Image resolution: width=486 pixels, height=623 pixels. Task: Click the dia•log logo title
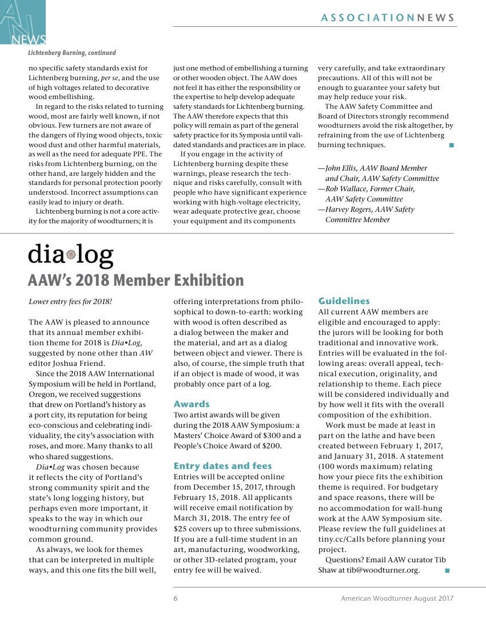pyautogui.click(x=70, y=255)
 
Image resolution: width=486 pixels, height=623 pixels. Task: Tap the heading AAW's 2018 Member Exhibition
pyautogui.click(x=136, y=281)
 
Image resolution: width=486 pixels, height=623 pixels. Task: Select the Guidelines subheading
pyautogui.click(x=344, y=301)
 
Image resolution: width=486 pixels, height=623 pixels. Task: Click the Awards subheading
pyautogui.click(x=192, y=404)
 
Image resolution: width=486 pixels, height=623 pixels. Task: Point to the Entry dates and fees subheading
pyautogui.click(x=222, y=466)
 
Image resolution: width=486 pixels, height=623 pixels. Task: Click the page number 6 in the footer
pyautogui.click(x=176, y=598)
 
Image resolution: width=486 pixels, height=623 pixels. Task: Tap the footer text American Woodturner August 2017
pyautogui.click(x=397, y=598)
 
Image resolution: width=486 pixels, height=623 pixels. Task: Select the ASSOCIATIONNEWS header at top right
pyautogui.click(x=388, y=18)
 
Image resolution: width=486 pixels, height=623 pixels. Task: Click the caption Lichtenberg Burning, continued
pyautogui.click(x=72, y=53)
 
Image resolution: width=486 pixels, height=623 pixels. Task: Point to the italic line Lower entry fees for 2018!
pyautogui.click(x=70, y=301)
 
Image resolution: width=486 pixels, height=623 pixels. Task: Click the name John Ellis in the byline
pyautogui.click(x=343, y=168)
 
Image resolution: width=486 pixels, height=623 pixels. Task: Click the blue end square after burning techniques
pyautogui.click(x=452, y=145)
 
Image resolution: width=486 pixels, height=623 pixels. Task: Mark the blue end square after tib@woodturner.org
pyautogui.click(x=447, y=570)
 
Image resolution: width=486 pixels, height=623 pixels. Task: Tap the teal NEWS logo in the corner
pyautogui.click(x=23, y=23)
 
